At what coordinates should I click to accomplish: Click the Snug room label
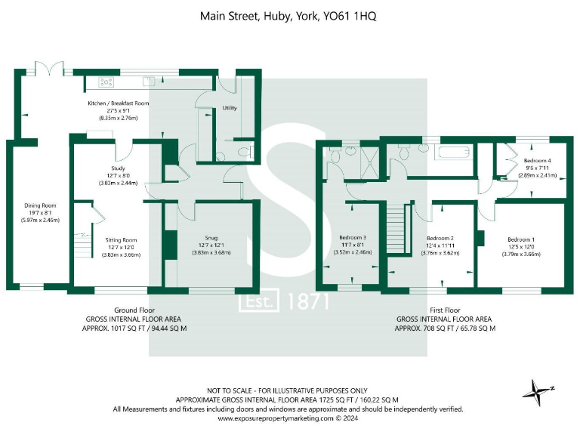(x=211, y=238)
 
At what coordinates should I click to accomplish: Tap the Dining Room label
(x=40, y=205)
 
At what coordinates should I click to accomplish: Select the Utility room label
(x=230, y=108)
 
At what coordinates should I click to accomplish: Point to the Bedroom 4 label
(x=538, y=161)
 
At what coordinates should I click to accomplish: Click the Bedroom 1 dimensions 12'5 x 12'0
(x=521, y=247)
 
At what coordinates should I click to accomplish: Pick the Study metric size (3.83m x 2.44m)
(x=118, y=183)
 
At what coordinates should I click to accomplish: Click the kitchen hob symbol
(x=106, y=82)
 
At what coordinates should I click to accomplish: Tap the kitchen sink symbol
(x=149, y=81)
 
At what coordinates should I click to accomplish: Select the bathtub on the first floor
(x=453, y=153)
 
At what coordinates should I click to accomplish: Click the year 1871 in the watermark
(x=308, y=301)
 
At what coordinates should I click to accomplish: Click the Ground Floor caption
(x=134, y=310)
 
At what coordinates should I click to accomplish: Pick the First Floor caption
(x=445, y=310)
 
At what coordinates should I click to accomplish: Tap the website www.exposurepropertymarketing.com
(x=276, y=418)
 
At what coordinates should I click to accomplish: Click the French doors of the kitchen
(x=50, y=69)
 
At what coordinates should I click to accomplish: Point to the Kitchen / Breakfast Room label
(x=119, y=103)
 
